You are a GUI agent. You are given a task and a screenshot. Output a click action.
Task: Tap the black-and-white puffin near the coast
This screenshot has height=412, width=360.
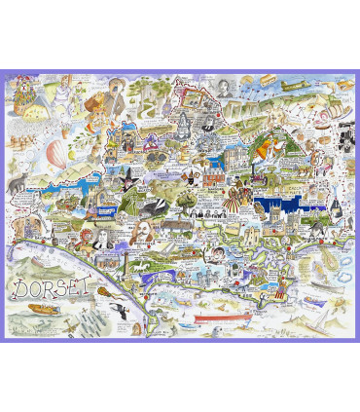coord(126,311)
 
